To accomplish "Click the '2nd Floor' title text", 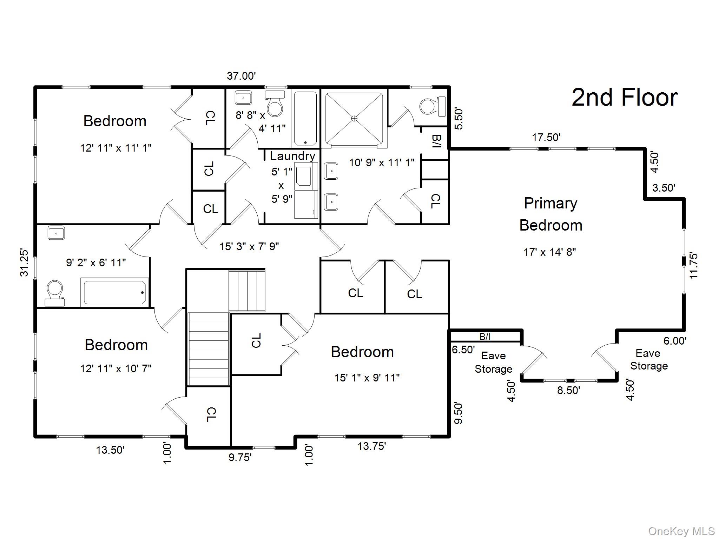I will click(624, 98).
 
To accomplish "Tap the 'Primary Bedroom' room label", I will click(550, 214).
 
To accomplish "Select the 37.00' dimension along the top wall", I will click(241, 76).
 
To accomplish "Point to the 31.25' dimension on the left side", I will click(24, 262).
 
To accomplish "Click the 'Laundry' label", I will click(292, 156).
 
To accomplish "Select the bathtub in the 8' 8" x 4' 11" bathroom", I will click(305, 118).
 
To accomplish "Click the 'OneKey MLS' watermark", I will click(681, 531).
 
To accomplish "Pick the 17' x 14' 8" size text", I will click(549, 252).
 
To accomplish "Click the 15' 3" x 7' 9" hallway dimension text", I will click(249, 246).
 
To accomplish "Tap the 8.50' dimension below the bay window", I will click(568, 390).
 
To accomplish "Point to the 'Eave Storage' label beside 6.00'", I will click(648, 359).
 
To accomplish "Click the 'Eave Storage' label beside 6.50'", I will click(493, 362).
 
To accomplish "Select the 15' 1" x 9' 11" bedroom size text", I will click(367, 378).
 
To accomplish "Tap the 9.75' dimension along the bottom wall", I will click(240, 457).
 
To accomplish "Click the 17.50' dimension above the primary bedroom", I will click(546, 137).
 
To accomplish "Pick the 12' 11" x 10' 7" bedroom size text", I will click(116, 368).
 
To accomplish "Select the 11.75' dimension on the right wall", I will click(693, 266).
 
